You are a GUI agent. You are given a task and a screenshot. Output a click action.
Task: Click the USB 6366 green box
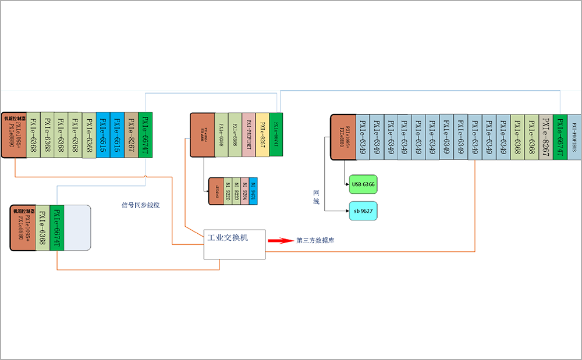[363, 184]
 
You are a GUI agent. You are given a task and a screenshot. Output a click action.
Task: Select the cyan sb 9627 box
[363, 211]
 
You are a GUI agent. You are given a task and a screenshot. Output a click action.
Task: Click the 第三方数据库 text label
[315, 240]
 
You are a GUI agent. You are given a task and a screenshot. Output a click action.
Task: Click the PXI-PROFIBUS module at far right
[574, 137]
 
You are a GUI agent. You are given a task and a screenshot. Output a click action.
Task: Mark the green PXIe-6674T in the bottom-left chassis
[56, 228]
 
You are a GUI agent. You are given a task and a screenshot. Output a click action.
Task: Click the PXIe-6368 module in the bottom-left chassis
[42, 228]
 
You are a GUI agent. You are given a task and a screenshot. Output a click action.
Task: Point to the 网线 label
[316, 196]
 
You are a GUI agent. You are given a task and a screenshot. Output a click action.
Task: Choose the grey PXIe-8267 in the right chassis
[546, 137]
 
